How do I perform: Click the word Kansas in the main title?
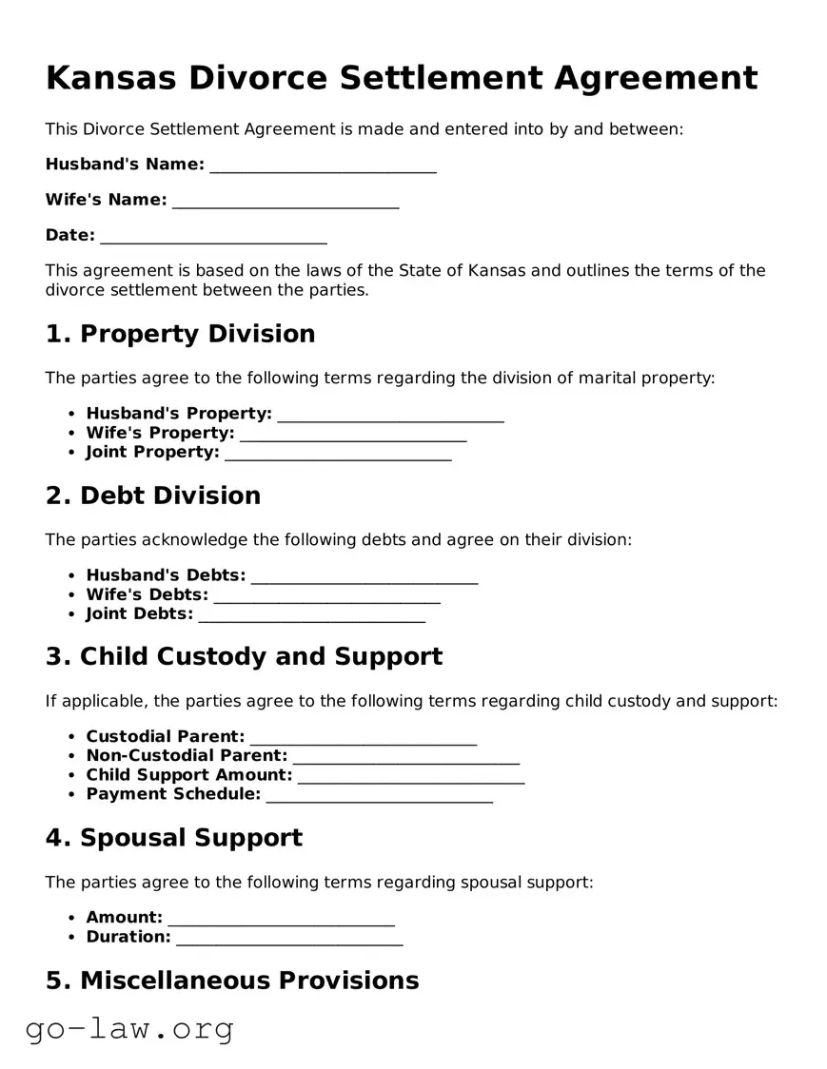[109, 78]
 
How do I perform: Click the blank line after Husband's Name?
[323, 166]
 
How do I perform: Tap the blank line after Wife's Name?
[286, 202]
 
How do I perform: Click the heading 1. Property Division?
[180, 334]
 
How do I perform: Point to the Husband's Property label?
[179, 414]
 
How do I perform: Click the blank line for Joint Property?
[338, 455]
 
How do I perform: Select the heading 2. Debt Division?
[152, 496]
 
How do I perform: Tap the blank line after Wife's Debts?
[327, 597]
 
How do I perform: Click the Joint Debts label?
[139, 614]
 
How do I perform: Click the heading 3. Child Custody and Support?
[244, 657]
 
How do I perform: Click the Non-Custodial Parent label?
[187, 756]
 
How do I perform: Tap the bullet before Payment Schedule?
[72, 795]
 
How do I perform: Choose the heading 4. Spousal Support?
[173, 838]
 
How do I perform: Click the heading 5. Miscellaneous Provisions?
[232, 981]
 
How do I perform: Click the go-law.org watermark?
[129, 1029]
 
